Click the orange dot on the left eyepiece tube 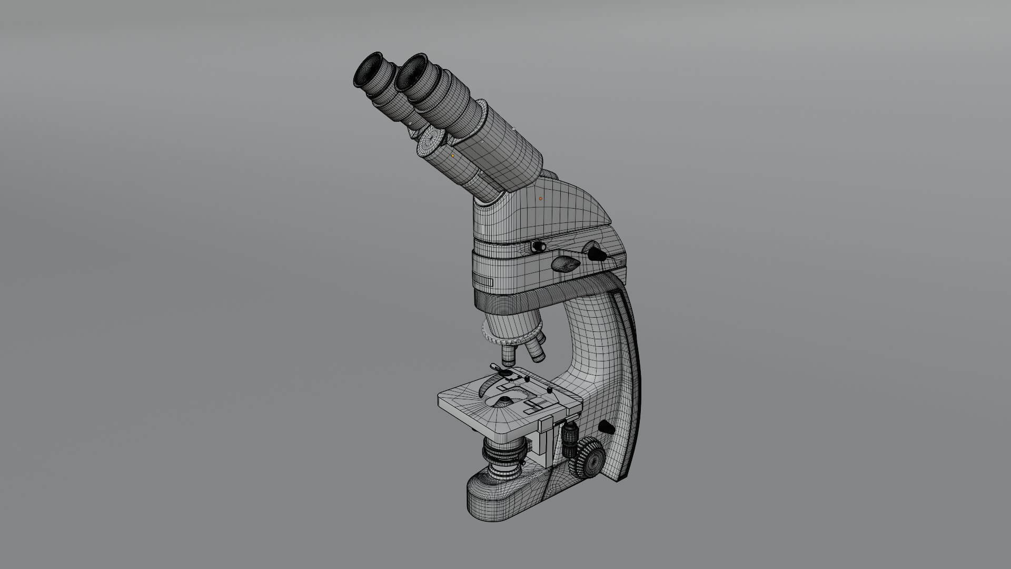tap(452, 155)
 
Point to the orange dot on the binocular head tap(540, 199)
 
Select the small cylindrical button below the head tap(537, 246)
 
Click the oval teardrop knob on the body tap(566, 263)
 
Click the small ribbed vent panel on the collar tap(483, 281)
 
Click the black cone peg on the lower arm tap(606, 427)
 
